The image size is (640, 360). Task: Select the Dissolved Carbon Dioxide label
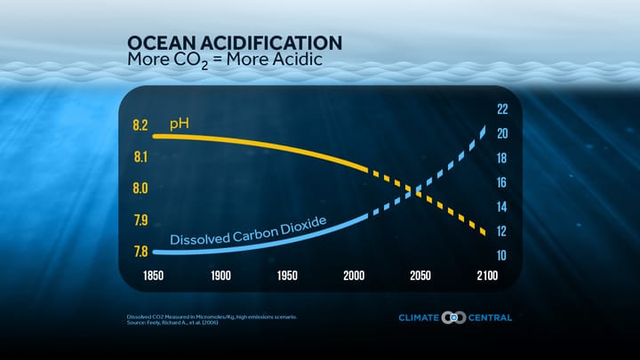tap(249, 230)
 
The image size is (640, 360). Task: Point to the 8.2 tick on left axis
tap(140, 125)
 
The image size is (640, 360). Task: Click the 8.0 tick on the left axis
tap(140, 188)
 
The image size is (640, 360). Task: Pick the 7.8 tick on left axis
tap(140, 252)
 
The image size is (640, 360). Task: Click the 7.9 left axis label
tap(140, 220)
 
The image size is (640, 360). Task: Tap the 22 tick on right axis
tap(501, 109)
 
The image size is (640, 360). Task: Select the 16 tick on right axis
tap(501, 182)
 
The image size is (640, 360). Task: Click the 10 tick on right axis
tap(501, 256)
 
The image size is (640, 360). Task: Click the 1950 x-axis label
tap(287, 276)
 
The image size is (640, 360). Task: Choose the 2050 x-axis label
tap(420, 276)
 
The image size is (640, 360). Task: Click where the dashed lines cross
tap(415, 190)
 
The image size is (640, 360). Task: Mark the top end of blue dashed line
tap(484, 130)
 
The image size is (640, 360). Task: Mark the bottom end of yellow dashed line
tap(484, 233)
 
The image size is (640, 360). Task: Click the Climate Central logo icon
tap(453, 317)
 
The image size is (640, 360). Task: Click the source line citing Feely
tap(173, 323)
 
